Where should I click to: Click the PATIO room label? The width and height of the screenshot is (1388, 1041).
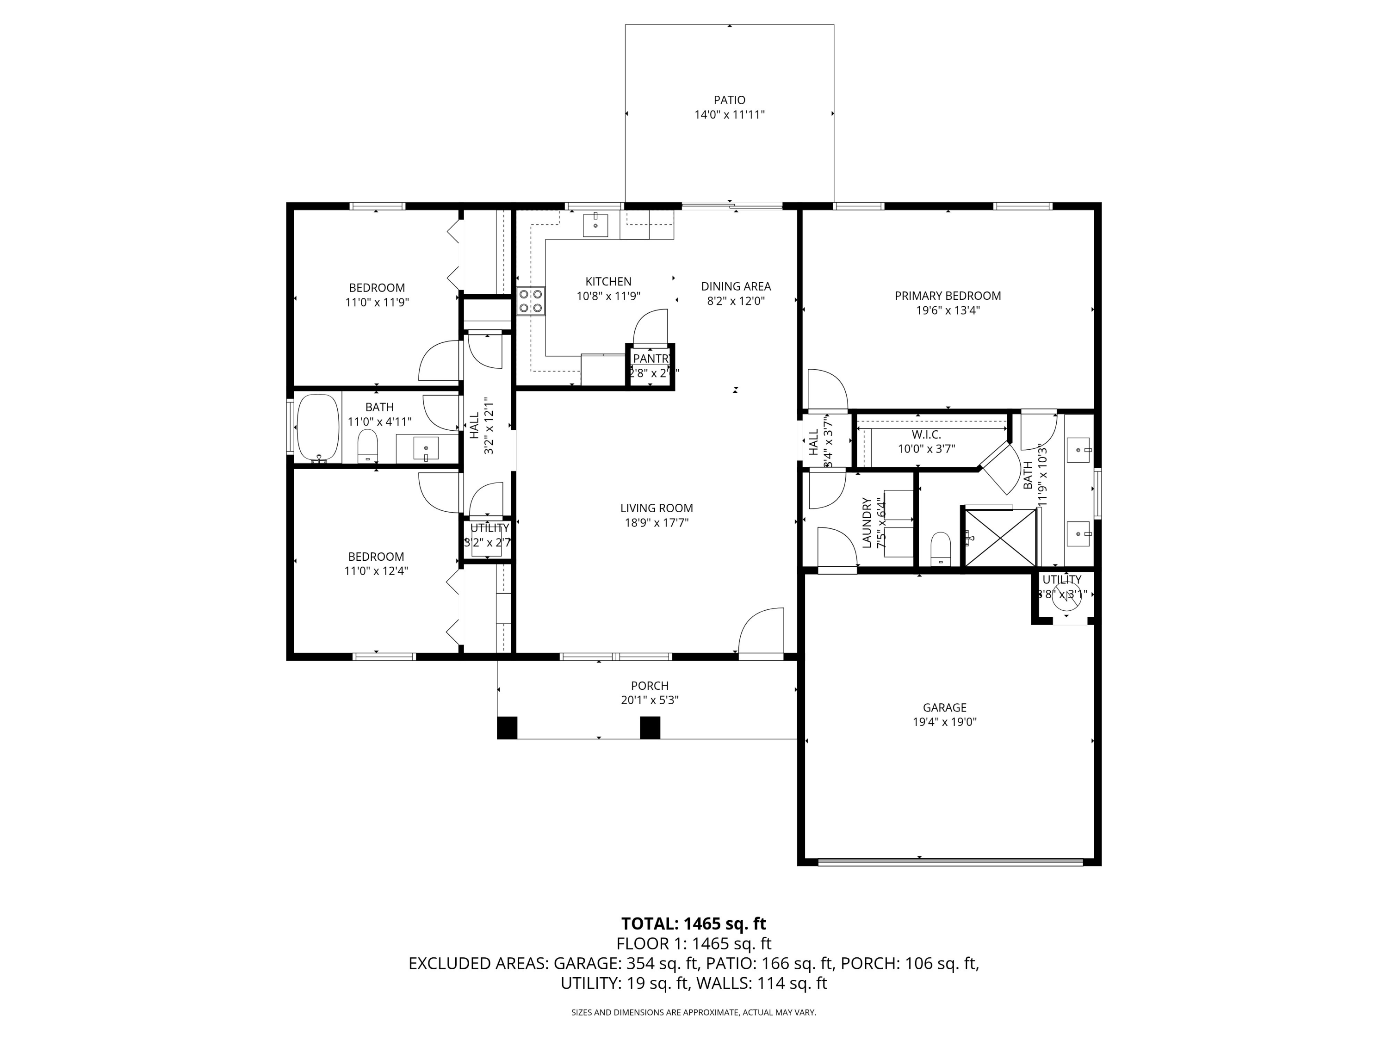[x=729, y=100]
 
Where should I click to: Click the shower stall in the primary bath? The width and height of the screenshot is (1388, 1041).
[x=999, y=538]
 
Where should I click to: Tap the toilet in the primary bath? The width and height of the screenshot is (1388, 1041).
[x=941, y=548]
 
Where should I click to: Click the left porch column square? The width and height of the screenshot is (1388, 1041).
[x=507, y=727]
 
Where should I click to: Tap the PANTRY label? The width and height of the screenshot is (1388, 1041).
[x=651, y=358]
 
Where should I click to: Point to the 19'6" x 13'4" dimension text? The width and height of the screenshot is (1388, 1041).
[x=948, y=310]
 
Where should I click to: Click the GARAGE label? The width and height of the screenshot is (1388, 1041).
[x=944, y=707]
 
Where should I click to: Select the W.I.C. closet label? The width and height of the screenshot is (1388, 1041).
[x=926, y=434]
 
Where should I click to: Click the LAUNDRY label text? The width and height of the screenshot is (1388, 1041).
[x=867, y=523]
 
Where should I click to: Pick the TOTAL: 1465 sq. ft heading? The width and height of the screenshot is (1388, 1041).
[x=694, y=923]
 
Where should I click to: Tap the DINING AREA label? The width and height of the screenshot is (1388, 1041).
[x=736, y=286]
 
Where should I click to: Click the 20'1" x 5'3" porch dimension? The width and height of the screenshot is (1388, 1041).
[x=650, y=700]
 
